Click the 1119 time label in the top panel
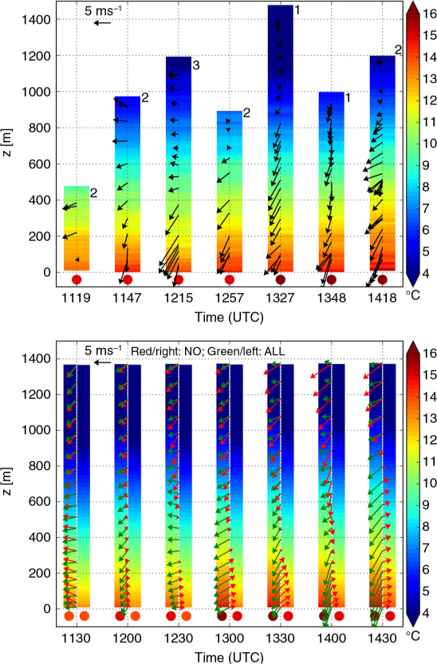76,298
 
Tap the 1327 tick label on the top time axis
280,298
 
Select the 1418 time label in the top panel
383,298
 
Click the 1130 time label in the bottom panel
76,638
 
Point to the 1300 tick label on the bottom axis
230,638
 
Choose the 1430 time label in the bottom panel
383,638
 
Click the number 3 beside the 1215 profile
196,65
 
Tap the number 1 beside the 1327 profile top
297,10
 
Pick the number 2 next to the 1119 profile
93,193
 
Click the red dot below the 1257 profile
230,279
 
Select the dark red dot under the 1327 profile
281,279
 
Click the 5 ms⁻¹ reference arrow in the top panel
102,23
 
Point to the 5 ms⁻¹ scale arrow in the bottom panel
102,362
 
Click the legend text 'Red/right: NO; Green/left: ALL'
207,351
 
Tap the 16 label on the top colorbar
430,14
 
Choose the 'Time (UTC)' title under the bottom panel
229,657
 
